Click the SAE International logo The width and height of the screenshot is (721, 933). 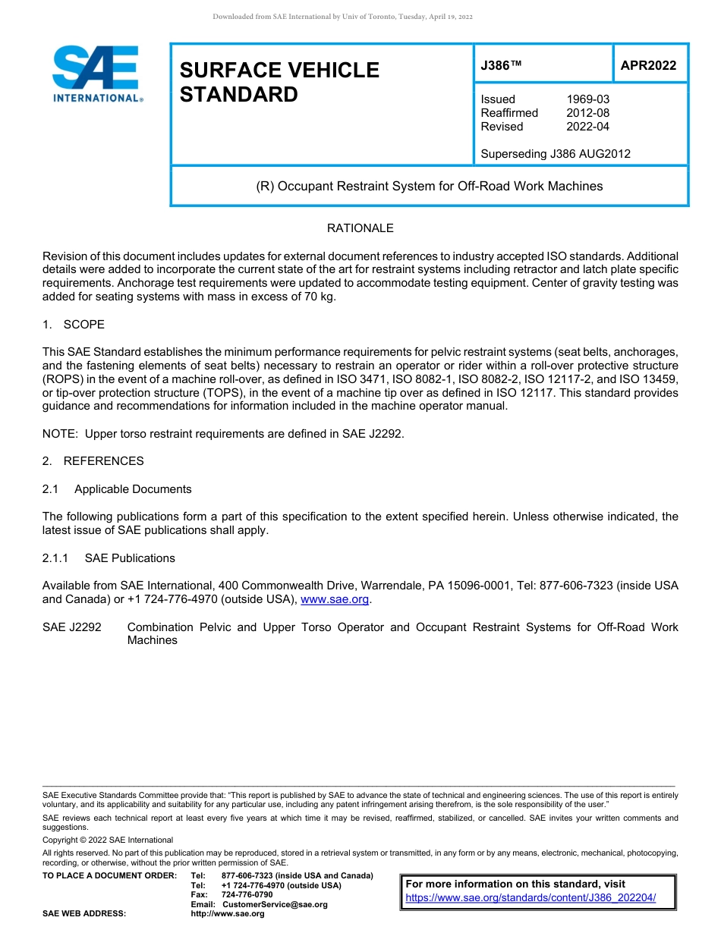(96, 74)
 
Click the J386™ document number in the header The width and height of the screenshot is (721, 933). (501, 65)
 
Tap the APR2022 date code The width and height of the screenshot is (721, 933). (648, 65)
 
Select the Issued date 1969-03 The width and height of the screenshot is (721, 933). (587, 99)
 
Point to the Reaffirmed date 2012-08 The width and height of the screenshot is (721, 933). (587, 113)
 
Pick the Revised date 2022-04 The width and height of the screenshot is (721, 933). (587, 127)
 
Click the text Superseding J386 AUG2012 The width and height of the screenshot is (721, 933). (556, 154)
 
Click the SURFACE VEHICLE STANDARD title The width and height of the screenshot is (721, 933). (279, 82)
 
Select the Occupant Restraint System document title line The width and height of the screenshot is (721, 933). (429, 186)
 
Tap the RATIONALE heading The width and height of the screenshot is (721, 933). (360, 228)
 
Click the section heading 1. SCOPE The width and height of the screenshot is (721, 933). (74, 325)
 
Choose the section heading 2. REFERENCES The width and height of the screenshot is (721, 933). (93, 461)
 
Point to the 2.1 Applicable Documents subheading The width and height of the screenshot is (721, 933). (117, 489)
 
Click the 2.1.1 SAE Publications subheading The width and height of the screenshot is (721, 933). (109, 558)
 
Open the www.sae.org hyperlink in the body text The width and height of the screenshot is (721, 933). (335, 599)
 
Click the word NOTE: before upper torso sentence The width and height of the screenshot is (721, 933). (61, 434)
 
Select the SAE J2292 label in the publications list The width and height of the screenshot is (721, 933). (72, 627)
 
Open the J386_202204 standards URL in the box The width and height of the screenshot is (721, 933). (530, 898)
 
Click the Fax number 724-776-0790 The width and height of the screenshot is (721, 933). (247, 895)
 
